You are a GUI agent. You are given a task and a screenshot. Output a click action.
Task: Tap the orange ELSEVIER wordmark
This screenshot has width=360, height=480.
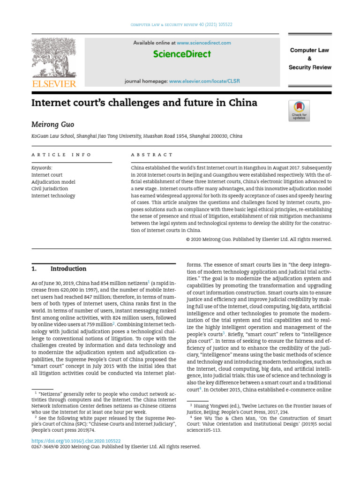(x=53, y=84)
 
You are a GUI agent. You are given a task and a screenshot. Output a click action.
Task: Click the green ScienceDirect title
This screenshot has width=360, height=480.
(x=182, y=54)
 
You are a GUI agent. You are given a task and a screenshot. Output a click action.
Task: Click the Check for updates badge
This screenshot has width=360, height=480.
(x=299, y=111)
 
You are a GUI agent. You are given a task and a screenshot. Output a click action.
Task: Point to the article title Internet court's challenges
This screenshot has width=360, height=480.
(x=144, y=103)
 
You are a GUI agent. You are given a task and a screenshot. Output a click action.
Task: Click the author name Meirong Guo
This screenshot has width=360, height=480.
(x=52, y=125)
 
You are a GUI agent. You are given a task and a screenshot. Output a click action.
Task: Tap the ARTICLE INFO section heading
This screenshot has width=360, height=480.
(x=61, y=155)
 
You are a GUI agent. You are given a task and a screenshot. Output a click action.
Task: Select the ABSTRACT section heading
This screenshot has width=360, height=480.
(x=152, y=155)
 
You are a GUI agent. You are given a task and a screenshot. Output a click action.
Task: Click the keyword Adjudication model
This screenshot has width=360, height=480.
(x=53, y=182)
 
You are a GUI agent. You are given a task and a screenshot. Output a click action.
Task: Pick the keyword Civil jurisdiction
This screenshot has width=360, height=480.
(x=50, y=189)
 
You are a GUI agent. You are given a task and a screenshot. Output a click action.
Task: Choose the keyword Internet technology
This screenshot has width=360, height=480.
(x=53, y=196)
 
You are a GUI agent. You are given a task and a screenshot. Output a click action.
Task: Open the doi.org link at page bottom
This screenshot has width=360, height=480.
(x=76, y=441)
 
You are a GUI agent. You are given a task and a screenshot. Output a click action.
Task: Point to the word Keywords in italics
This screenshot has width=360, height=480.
(x=42, y=168)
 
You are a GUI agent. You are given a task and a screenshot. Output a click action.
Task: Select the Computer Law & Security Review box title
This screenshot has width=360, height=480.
(x=309, y=59)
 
